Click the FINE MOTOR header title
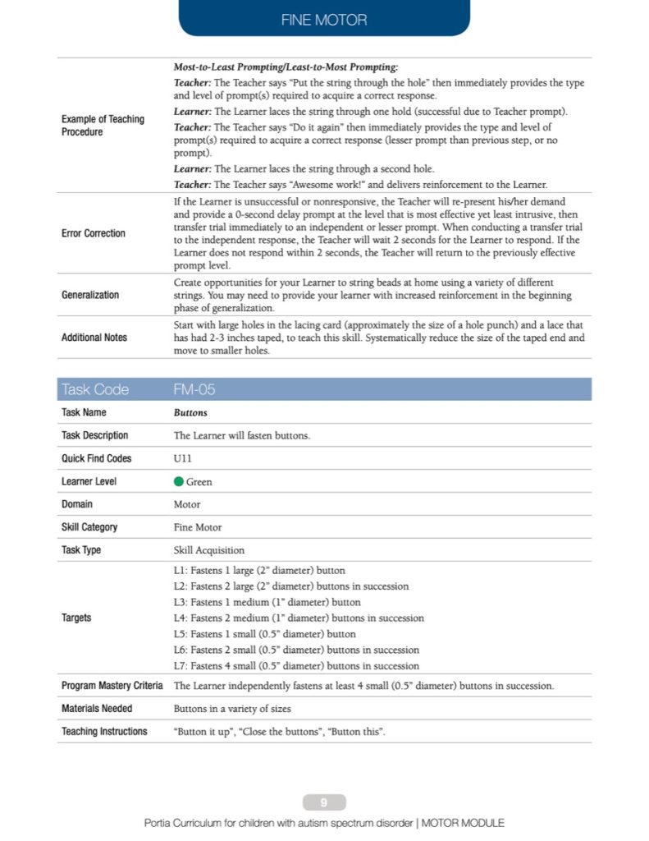tap(324, 19)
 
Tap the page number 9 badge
tap(324, 802)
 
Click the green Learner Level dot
tap(179, 482)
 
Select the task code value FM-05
tap(194, 389)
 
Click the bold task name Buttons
tap(190, 413)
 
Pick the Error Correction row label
tap(94, 233)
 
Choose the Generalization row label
tap(90, 295)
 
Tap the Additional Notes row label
tap(94, 338)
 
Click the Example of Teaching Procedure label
tap(103, 125)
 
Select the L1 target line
tap(259, 570)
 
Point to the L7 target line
tap(296, 666)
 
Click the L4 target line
tap(299, 618)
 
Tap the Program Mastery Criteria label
tap(112, 685)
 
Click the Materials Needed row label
tap(97, 708)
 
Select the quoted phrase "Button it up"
tap(202, 732)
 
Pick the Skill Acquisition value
tap(208, 550)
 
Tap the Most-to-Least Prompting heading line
tap(286, 67)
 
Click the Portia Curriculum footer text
tap(324, 822)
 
